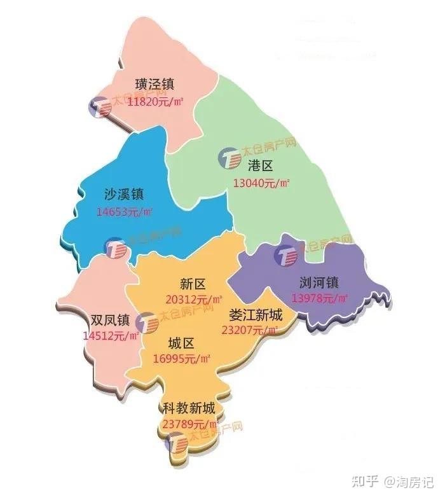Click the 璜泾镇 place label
[154, 85]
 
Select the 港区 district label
[259, 167]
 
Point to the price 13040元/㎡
[261, 183]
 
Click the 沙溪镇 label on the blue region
[124, 195]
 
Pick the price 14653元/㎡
[125, 211]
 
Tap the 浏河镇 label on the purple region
[319, 282]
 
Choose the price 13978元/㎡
[320, 298]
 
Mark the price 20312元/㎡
[194, 300]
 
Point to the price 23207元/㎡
[250, 330]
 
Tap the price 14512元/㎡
[111, 336]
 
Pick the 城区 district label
[181, 344]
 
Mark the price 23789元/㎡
[190, 424]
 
